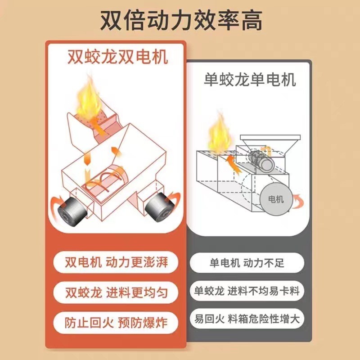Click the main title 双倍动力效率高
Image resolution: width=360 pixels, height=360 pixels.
point(180,20)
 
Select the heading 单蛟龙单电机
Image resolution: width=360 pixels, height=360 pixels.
point(250,80)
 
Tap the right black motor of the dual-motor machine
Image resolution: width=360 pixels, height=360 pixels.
point(158,208)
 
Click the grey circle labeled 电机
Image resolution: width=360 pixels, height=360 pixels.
point(275,199)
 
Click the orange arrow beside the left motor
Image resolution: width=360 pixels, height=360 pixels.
point(56,200)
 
